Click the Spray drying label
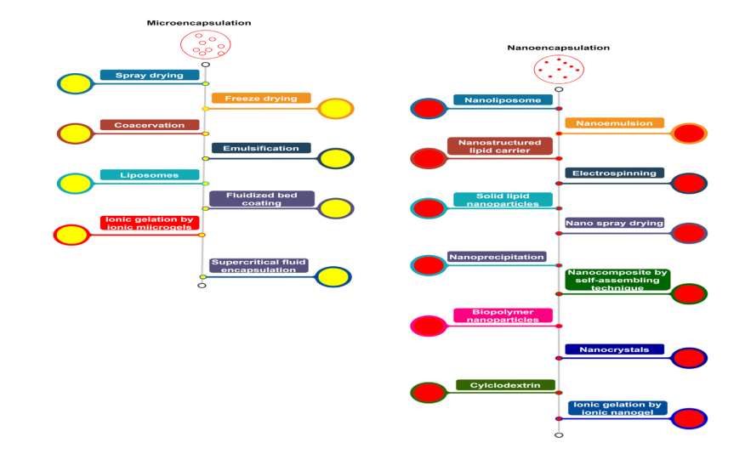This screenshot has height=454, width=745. [x=149, y=75]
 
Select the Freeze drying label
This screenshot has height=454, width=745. [x=261, y=98]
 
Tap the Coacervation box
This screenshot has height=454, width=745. [x=149, y=125]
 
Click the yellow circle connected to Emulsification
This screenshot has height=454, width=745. [x=335, y=158]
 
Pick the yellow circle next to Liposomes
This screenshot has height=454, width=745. [x=75, y=183]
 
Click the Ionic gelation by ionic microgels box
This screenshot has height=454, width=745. [x=149, y=223]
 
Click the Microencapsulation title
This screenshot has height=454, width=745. [x=198, y=23]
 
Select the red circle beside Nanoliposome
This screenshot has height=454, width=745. [x=429, y=108]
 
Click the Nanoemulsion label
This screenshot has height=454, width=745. [x=614, y=123]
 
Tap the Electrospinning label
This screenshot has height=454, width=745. [x=614, y=173]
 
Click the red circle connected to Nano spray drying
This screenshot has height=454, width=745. [x=689, y=233]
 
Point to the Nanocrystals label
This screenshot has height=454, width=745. [x=614, y=349]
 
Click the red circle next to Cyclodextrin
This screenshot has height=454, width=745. [x=429, y=392]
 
